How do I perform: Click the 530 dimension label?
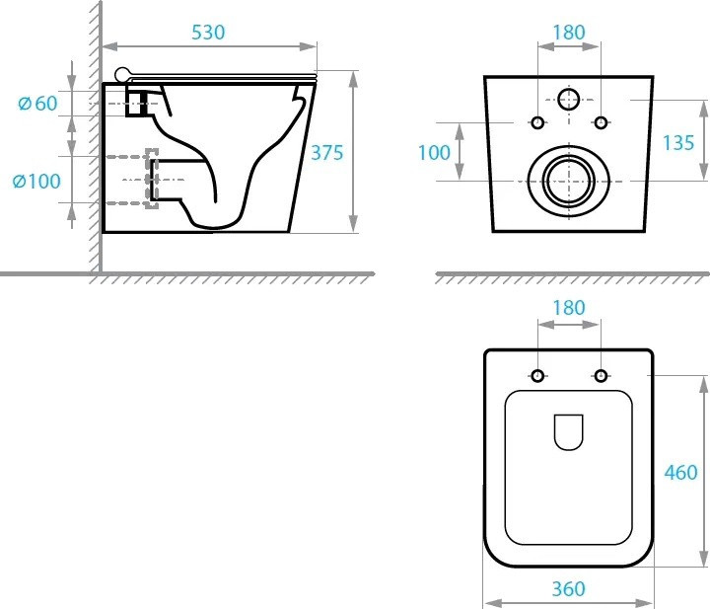tap(208, 33)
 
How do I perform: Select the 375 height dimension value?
tap(327, 153)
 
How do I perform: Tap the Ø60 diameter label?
tap(38, 104)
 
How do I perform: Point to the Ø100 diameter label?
tap(36, 182)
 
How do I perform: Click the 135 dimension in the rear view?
tap(678, 143)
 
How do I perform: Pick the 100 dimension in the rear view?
tap(434, 153)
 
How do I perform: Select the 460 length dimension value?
tap(681, 473)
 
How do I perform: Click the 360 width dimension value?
tap(569, 589)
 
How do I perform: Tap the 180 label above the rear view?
tap(569, 33)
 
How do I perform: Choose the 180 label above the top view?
tap(569, 308)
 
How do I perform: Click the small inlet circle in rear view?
tap(569, 100)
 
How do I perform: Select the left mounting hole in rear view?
tap(537, 122)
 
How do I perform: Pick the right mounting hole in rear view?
tap(601, 122)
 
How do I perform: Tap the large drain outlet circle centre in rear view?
tap(569, 182)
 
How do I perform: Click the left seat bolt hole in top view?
tap(537, 376)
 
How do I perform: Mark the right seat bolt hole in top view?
tap(601, 376)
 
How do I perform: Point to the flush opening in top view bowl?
tap(569, 432)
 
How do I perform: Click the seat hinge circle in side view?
tap(122, 75)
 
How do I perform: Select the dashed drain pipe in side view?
tap(132, 180)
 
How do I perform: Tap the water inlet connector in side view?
tap(136, 104)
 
